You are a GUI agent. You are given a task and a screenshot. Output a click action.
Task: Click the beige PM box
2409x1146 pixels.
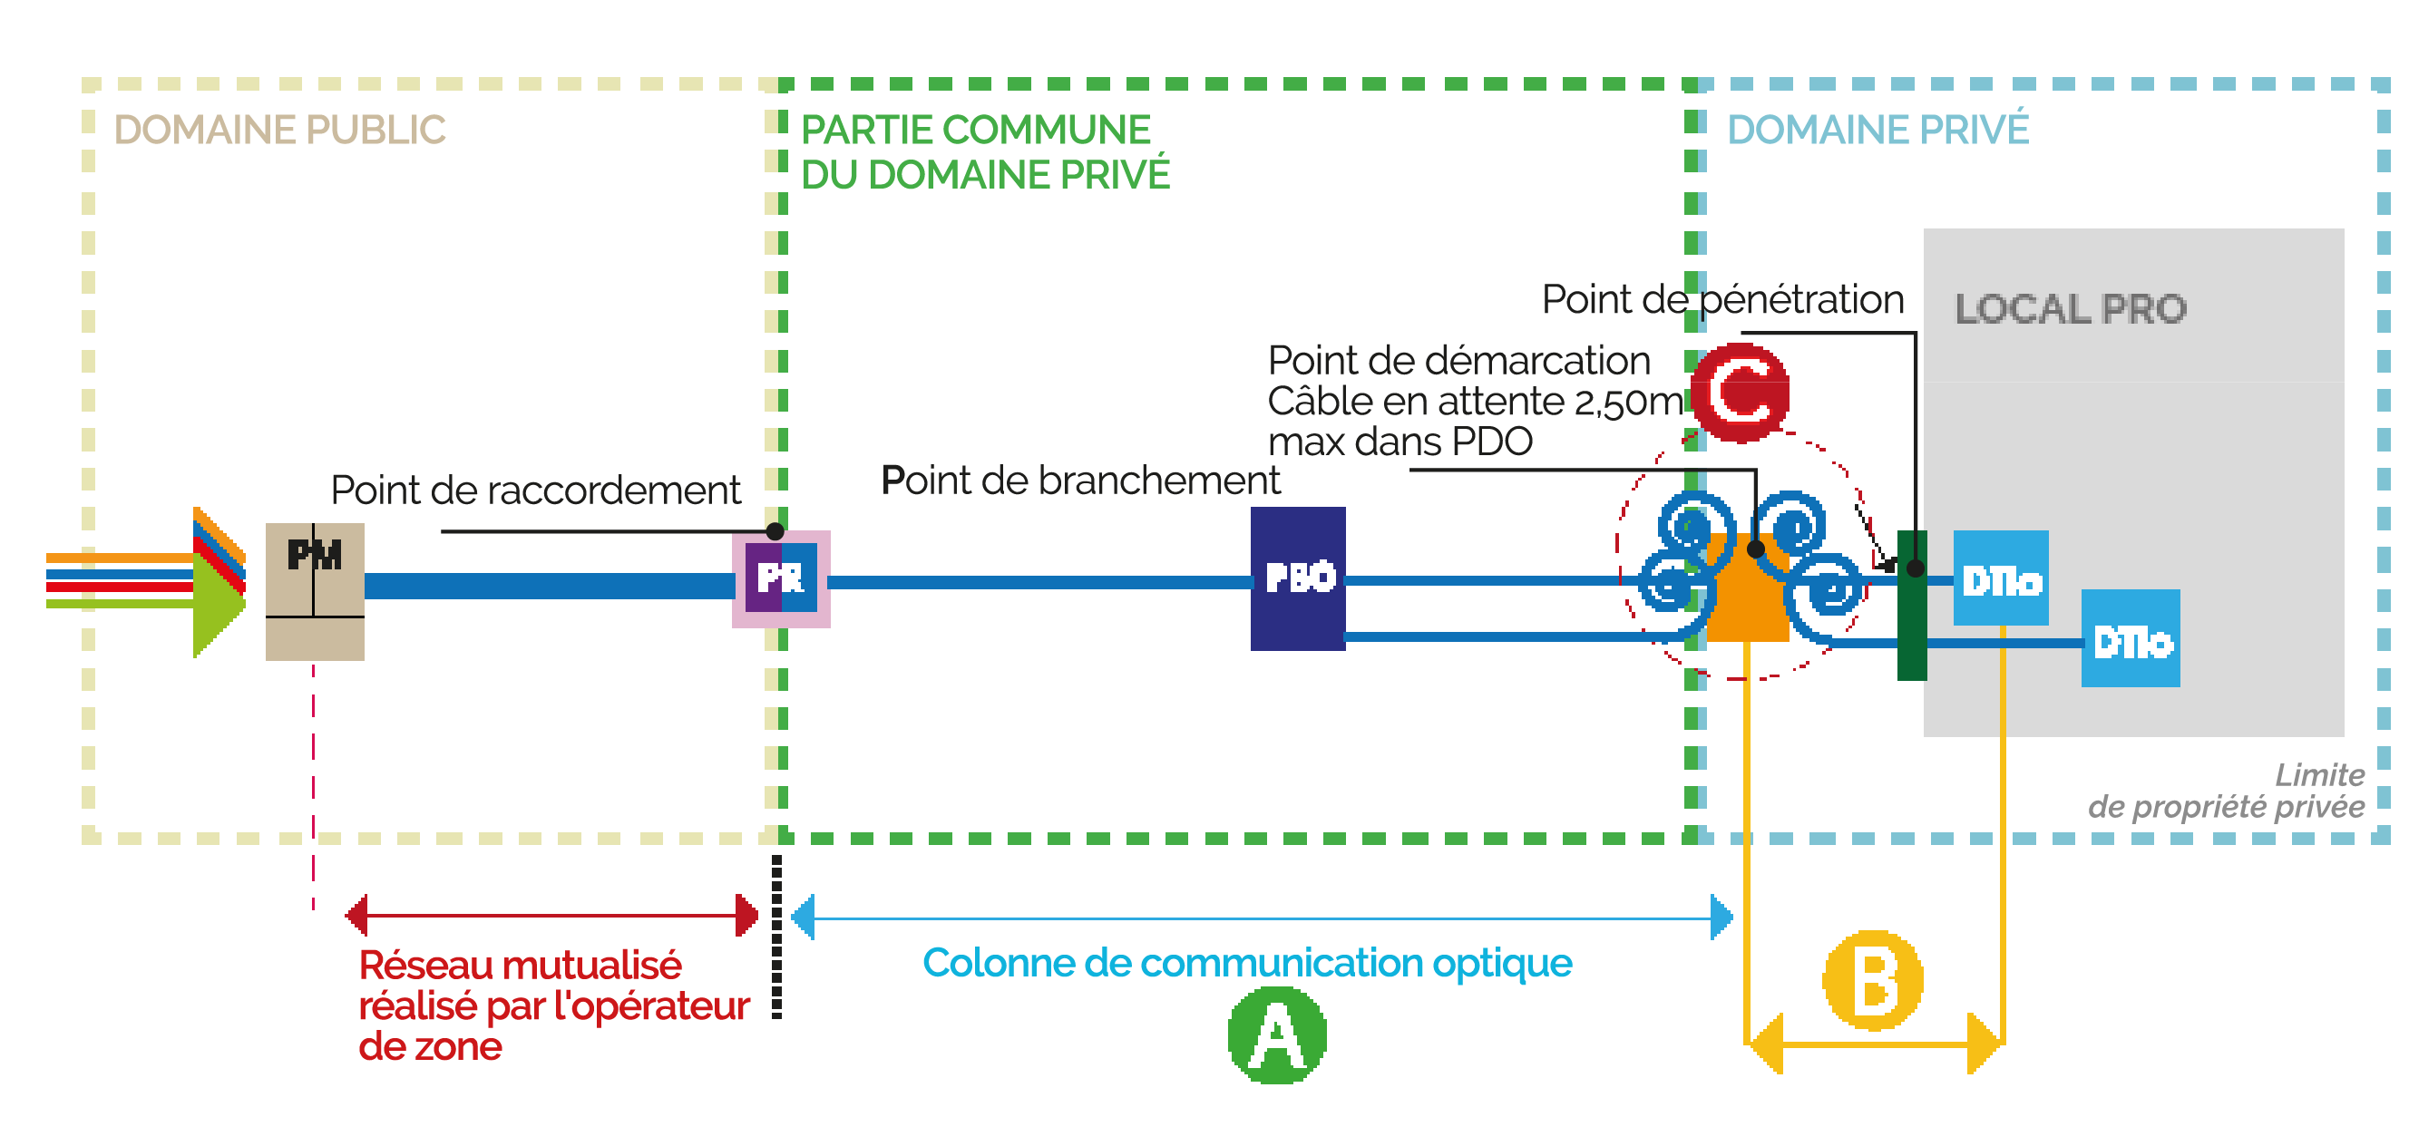(x=314, y=592)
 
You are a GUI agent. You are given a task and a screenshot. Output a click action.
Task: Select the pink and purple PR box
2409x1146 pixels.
(x=781, y=578)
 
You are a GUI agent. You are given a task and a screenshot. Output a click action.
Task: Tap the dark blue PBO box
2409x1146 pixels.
(x=1297, y=578)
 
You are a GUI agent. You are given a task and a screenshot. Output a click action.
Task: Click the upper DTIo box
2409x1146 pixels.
(x=2000, y=578)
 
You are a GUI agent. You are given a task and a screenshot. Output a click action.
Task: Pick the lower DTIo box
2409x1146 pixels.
(x=2130, y=638)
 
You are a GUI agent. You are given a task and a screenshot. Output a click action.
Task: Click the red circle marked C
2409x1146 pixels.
(x=1741, y=393)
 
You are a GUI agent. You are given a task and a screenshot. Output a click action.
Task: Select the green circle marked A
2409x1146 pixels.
(x=1276, y=1035)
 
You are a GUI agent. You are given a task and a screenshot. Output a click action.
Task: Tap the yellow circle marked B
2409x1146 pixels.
(x=1873, y=979)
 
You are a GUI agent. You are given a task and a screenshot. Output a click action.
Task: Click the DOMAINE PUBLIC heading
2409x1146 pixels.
(x=278, y=130)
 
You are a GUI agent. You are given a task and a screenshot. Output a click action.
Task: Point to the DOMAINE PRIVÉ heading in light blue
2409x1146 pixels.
(x=1877, y=130)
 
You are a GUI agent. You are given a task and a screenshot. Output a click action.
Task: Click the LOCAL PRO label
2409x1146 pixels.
(x=2070, y=308)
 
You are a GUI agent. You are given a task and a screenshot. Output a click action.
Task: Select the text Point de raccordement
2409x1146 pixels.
(x=535, y=490)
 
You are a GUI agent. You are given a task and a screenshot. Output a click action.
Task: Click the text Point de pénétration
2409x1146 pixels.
(x=1721, y=300)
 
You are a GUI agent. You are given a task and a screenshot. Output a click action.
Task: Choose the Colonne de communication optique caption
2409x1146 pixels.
(x=1246, y=963)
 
